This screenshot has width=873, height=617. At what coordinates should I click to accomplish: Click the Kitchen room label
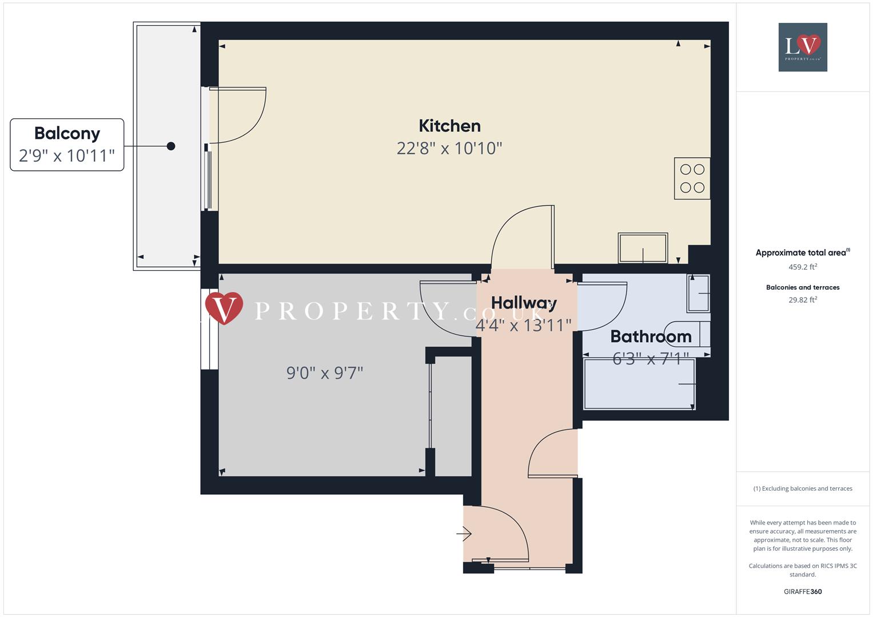tap(449, 126)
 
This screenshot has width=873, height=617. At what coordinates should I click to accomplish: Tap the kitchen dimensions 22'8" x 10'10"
tap(449, 149)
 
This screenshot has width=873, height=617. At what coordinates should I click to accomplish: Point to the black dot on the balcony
tap(171, 146)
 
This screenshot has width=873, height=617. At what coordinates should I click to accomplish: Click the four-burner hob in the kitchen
tap(692, 178)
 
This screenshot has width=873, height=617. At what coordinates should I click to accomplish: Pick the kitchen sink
tap(643, 248)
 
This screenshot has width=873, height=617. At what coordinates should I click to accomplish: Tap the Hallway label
tap(524, 303)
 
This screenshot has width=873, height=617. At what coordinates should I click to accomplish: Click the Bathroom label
tap(651, 336)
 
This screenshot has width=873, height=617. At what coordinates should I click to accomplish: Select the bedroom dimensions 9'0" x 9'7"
tap(325, 373)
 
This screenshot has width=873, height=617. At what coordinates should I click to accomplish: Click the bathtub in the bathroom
tap(639, 384)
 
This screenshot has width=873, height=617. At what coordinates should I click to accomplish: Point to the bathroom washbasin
tap(699, 294)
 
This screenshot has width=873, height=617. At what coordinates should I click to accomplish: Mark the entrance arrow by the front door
tap(464, 534)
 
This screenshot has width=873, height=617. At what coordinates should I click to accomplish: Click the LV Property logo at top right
tap(803, 47)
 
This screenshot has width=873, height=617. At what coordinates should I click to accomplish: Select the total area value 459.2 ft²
tap(803, 267)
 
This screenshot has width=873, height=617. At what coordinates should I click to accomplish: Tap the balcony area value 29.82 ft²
tap(803, 300)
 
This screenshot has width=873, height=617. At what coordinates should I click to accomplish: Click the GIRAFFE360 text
tap(803, 591)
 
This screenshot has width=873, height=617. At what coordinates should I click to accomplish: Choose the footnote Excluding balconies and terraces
tap(803, 488)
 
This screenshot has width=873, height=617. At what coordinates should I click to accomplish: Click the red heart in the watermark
tap(224, 307)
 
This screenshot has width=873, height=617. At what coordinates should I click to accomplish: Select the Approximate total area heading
tap(802, 253)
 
